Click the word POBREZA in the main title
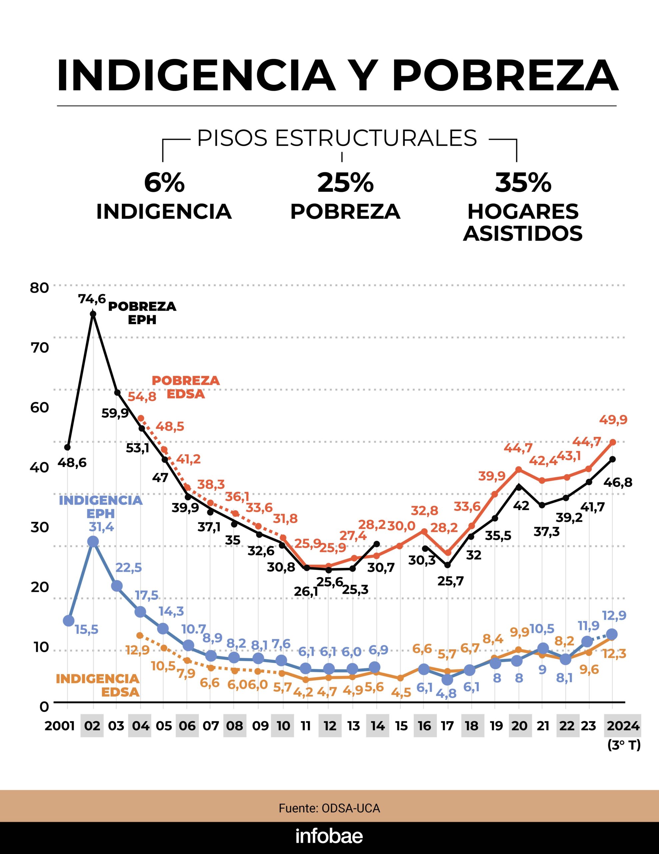pyautogui.click(x=505, y=76)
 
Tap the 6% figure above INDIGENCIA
pyautogui.click(x=164, y=182)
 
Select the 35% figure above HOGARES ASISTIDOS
pyautogui.click(x=523, y=182)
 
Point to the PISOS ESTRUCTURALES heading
pyautogui.click(x=337, y=138)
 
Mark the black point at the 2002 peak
pyautogui.click(x=93, y=314)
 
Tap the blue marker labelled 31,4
pyautogui.click(x=93, y=541)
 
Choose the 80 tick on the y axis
pyautogui.click(x=39, y=288)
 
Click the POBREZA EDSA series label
pyautogui.click(x=186, y=387)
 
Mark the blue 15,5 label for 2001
pyautogui.click(x=86, y=629)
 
